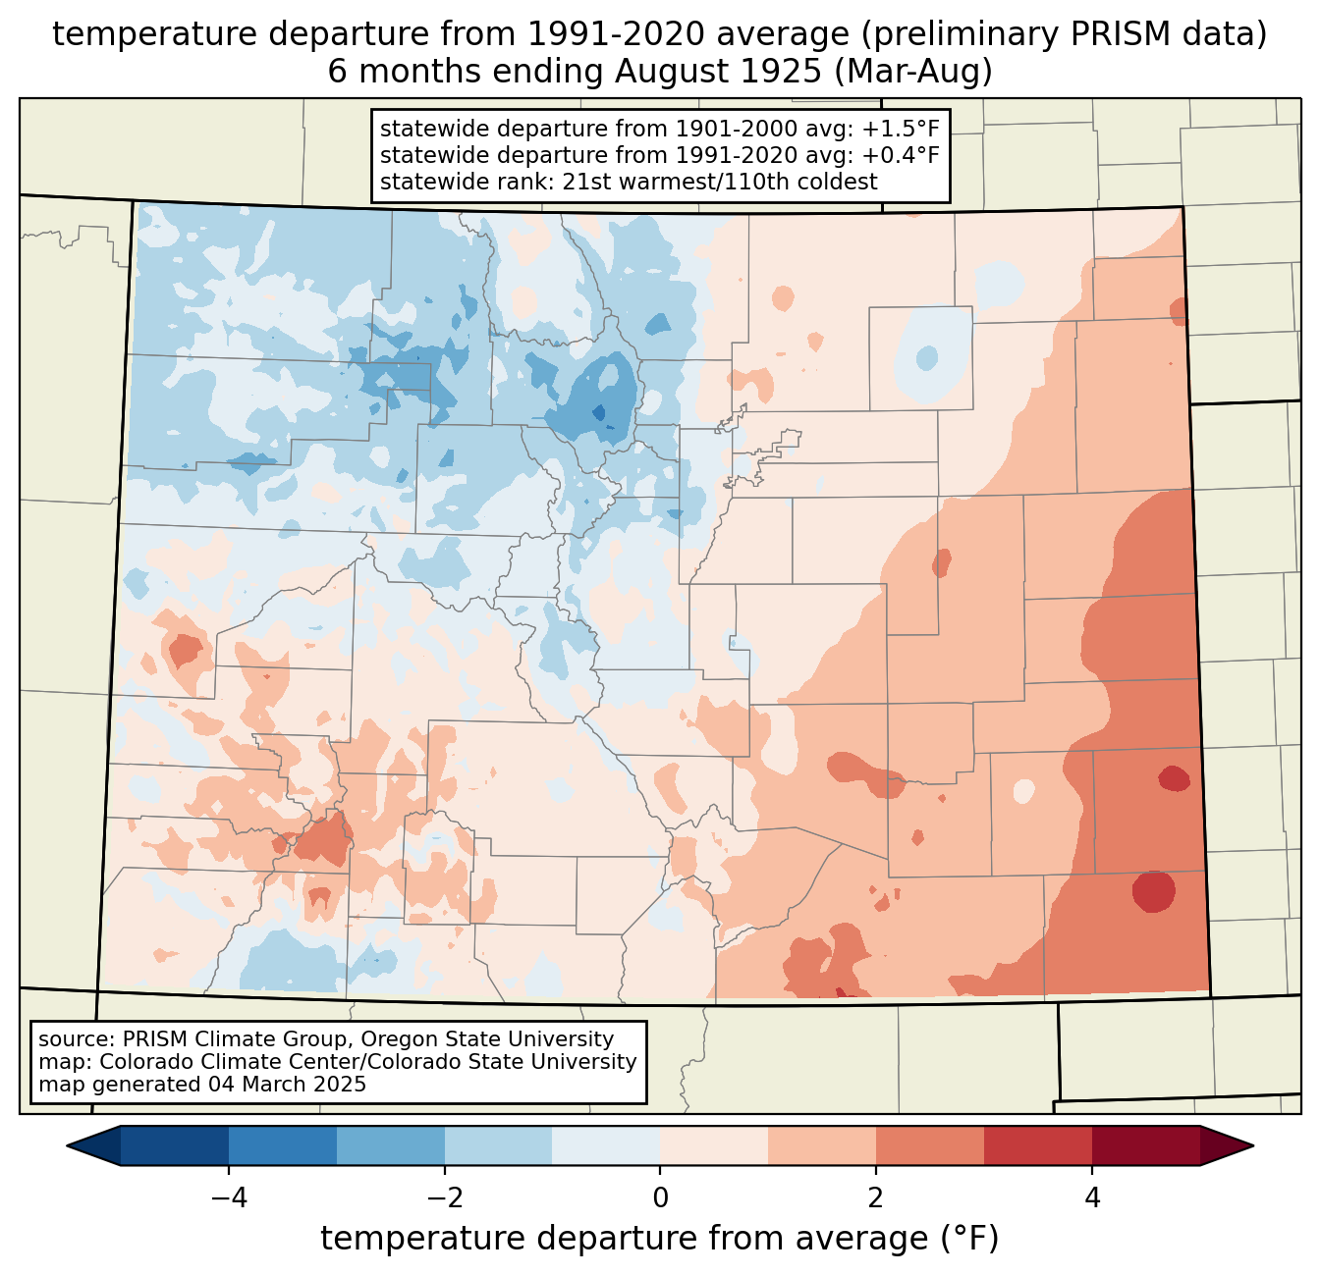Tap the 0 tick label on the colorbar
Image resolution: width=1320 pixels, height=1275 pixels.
tap(660, 1198)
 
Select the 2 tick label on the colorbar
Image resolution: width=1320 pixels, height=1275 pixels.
tap(876, 1198)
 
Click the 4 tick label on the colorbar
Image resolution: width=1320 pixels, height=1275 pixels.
tap(1092, 1198)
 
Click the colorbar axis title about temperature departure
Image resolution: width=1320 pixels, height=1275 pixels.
tap(660, 1239)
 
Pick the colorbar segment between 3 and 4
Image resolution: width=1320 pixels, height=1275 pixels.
tap(1038, 1145)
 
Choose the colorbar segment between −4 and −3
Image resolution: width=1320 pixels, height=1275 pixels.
tap(283, 1145)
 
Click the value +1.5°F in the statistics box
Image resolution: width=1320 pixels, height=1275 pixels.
tap(901, 130)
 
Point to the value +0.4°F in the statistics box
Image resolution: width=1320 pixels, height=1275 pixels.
tap(901, 155)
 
